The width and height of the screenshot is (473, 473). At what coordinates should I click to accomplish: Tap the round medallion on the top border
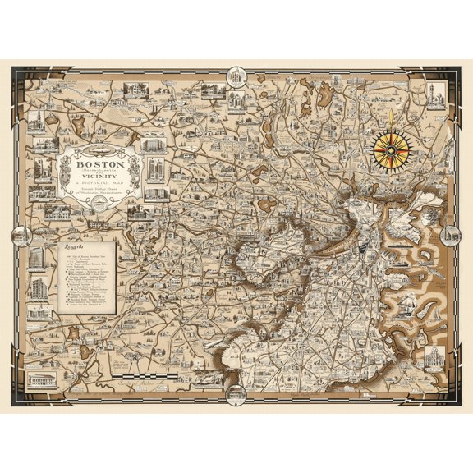236,77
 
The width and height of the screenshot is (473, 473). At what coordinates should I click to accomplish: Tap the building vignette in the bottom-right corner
433,360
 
